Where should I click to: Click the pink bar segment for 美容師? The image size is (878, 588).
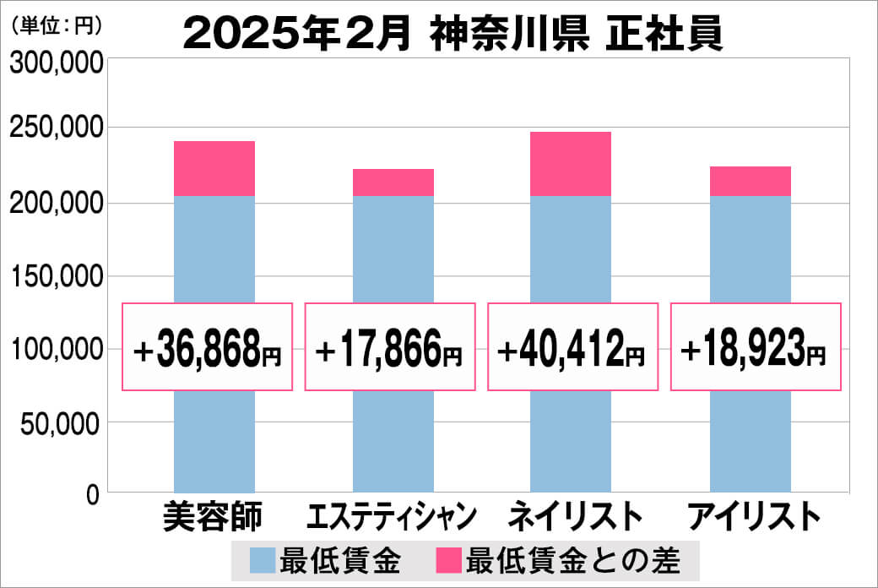[214, 168]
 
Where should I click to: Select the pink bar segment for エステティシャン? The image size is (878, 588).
[393, 182]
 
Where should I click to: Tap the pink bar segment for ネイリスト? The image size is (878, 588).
[571, 164]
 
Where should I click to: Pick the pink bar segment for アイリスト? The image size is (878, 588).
[750, 181]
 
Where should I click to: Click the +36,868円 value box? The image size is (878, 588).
[208, 347]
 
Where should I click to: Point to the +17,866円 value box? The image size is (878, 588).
[390, 347]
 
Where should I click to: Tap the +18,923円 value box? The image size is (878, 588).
[756, 347]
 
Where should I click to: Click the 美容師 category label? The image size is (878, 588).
[214, 516]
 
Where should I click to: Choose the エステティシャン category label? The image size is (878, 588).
[393, 516]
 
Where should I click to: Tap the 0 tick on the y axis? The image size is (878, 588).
[93, 494]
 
